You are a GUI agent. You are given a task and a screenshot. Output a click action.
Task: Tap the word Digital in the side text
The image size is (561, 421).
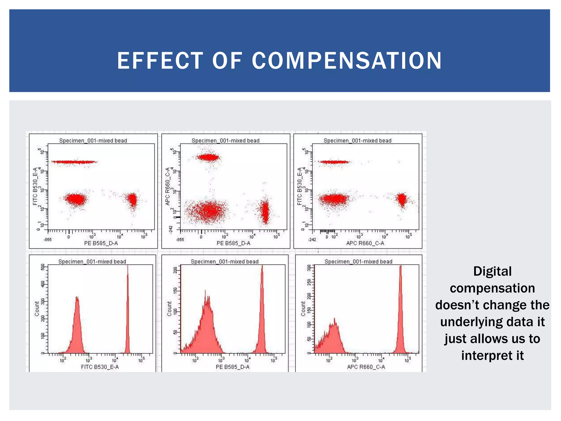(492, 271)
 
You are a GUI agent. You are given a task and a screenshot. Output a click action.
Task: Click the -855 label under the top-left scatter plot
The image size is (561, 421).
(47, 240)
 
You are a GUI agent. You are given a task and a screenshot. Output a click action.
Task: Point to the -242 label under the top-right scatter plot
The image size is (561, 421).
(312, 240)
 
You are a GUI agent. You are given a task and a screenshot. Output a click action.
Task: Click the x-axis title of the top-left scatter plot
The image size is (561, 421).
(101, 243)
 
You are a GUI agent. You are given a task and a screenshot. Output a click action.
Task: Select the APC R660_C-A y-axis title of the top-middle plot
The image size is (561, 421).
(168, 186)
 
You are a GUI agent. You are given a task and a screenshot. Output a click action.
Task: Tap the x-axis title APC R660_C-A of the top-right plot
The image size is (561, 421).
(365, 243)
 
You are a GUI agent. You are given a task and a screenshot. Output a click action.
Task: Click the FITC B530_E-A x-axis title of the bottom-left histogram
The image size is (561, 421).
(100, 367)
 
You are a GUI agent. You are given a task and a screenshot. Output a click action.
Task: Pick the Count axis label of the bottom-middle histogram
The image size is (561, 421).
(169, 309)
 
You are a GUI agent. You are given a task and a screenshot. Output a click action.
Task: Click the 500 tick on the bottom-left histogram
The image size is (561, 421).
(42, 267)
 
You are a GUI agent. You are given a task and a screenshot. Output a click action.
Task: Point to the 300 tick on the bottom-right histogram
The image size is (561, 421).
(309, 268)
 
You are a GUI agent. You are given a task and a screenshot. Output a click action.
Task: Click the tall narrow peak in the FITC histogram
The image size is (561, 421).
(127, 310)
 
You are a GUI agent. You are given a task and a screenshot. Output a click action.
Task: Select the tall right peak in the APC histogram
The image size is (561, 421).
(400, 310)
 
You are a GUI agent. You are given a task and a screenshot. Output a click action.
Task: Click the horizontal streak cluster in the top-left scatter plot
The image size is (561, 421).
(74, 162)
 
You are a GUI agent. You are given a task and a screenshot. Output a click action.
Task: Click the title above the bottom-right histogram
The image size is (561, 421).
(358, 261)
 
